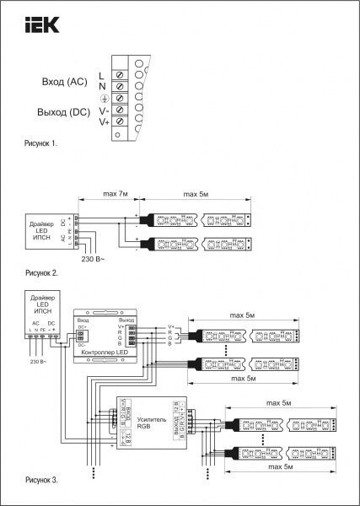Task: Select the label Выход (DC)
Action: point(64,113)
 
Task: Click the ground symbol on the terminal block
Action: point(103,99)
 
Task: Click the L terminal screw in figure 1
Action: point(119,76)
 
